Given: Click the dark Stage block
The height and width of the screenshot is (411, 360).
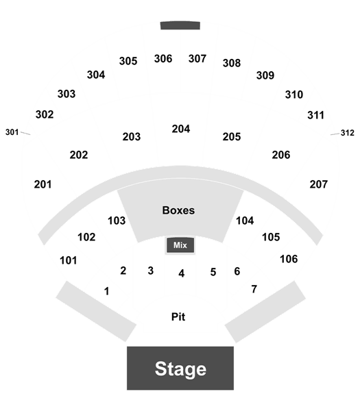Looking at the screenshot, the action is click(180, 368).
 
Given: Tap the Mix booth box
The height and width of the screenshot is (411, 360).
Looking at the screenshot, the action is click(180, 245).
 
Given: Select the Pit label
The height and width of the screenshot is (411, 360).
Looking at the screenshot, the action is click(178, 316).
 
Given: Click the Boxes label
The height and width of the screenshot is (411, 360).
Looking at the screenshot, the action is click(178, 210).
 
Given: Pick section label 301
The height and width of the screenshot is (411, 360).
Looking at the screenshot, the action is click(12, 132).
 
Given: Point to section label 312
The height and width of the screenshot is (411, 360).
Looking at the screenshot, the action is click(348, 133).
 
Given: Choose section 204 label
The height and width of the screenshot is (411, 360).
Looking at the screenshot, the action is click(181, 129).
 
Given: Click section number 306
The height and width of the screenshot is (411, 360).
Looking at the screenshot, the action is click(163, 58).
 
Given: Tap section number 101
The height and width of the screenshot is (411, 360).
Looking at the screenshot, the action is click(68, 260).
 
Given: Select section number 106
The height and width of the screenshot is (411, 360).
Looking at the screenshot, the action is click(289, 259).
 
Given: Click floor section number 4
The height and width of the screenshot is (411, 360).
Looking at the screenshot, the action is click(181, 273).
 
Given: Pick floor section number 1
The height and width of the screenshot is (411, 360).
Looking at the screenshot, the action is click(106, 291).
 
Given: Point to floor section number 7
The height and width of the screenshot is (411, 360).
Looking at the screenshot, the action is click(254, 289).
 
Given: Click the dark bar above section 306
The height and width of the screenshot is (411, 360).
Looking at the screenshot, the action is click(180, 25).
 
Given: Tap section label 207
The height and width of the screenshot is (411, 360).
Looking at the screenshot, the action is click(319, 184).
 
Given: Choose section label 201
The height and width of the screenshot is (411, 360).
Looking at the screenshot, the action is click(43, 184).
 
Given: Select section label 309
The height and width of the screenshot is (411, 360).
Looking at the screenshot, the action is click(265, 75).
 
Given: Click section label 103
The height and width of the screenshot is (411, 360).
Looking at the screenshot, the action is click(117, 221).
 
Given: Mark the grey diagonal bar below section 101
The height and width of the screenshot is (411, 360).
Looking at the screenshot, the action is click(96, 312).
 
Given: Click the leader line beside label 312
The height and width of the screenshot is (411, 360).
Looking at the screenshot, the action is click(335, 134).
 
